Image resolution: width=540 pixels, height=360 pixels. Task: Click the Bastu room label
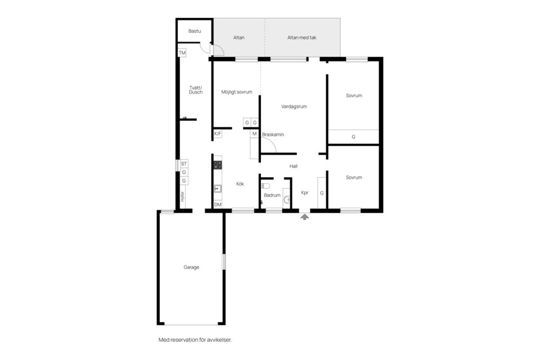click(x=195, y=31)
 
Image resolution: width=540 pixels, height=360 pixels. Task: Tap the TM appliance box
click(x=182, y=53)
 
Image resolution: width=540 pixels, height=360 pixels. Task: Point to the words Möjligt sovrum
click(x=236, y=92)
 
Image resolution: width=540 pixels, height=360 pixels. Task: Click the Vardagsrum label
click(x=294, y=106)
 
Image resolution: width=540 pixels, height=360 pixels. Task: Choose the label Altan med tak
click(x=301, y=38)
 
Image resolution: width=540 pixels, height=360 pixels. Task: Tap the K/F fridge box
click(x=218, y=134)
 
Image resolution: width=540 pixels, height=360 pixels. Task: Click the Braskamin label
click(x=273, y=134)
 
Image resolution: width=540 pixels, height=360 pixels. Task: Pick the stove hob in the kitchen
click(x=217, y=165)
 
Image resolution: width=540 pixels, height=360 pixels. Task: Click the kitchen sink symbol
click(x=217, y=189)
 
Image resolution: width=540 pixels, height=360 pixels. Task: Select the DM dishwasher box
click(x=218, y=204)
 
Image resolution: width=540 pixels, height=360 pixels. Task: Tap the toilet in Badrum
click(x=267, y=186)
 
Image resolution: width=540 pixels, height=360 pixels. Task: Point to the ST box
click(x=183, y=164)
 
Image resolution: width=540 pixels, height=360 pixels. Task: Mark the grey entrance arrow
click(x=304, y=216)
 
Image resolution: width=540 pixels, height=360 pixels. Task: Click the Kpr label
click(x=305, y=192)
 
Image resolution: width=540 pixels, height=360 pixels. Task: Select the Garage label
click(x=191, y=267)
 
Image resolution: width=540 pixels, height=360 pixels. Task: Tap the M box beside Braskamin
click(x=254, y=134)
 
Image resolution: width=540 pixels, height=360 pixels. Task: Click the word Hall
click(x=293, y=166)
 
